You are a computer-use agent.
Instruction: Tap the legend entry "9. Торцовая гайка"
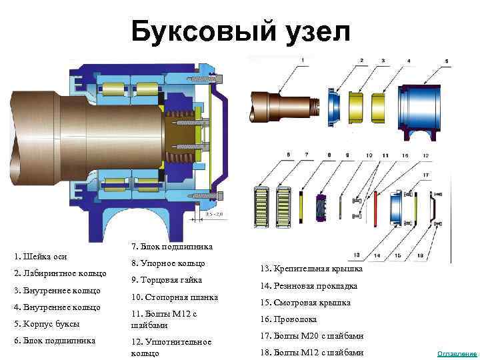click(167, 280)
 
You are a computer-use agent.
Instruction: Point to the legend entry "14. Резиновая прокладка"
click(309, 285)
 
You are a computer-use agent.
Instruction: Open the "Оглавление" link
click(457, 353)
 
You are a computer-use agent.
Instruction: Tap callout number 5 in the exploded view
click(289, 155)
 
